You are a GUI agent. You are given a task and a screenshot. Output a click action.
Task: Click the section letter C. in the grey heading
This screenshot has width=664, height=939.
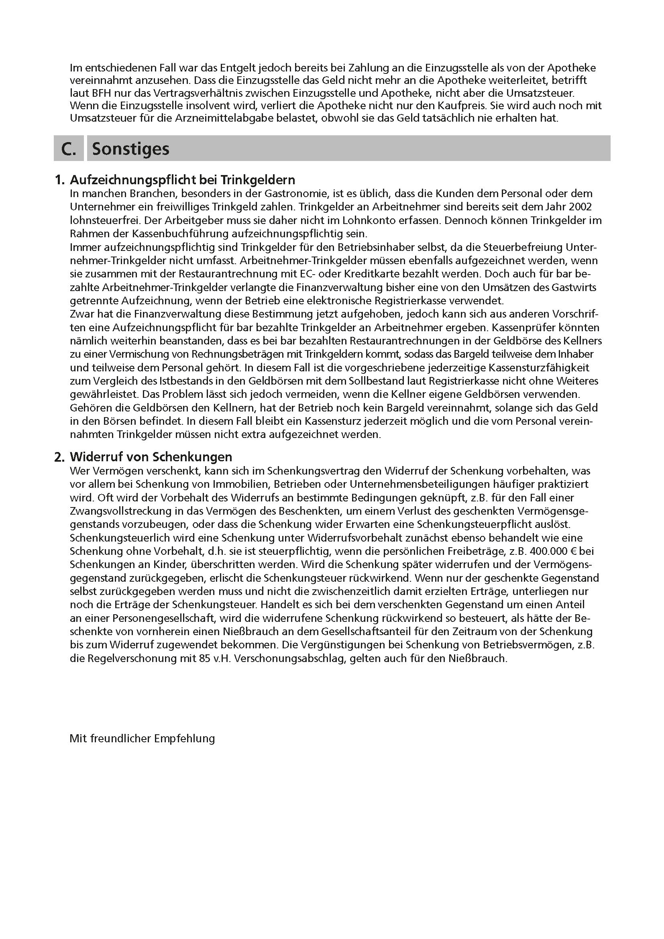coord(69,149)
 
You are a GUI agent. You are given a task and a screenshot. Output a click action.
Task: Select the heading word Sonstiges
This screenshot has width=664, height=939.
coord(130,149)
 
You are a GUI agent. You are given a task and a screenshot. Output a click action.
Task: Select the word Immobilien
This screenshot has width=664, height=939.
coord(241,484)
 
